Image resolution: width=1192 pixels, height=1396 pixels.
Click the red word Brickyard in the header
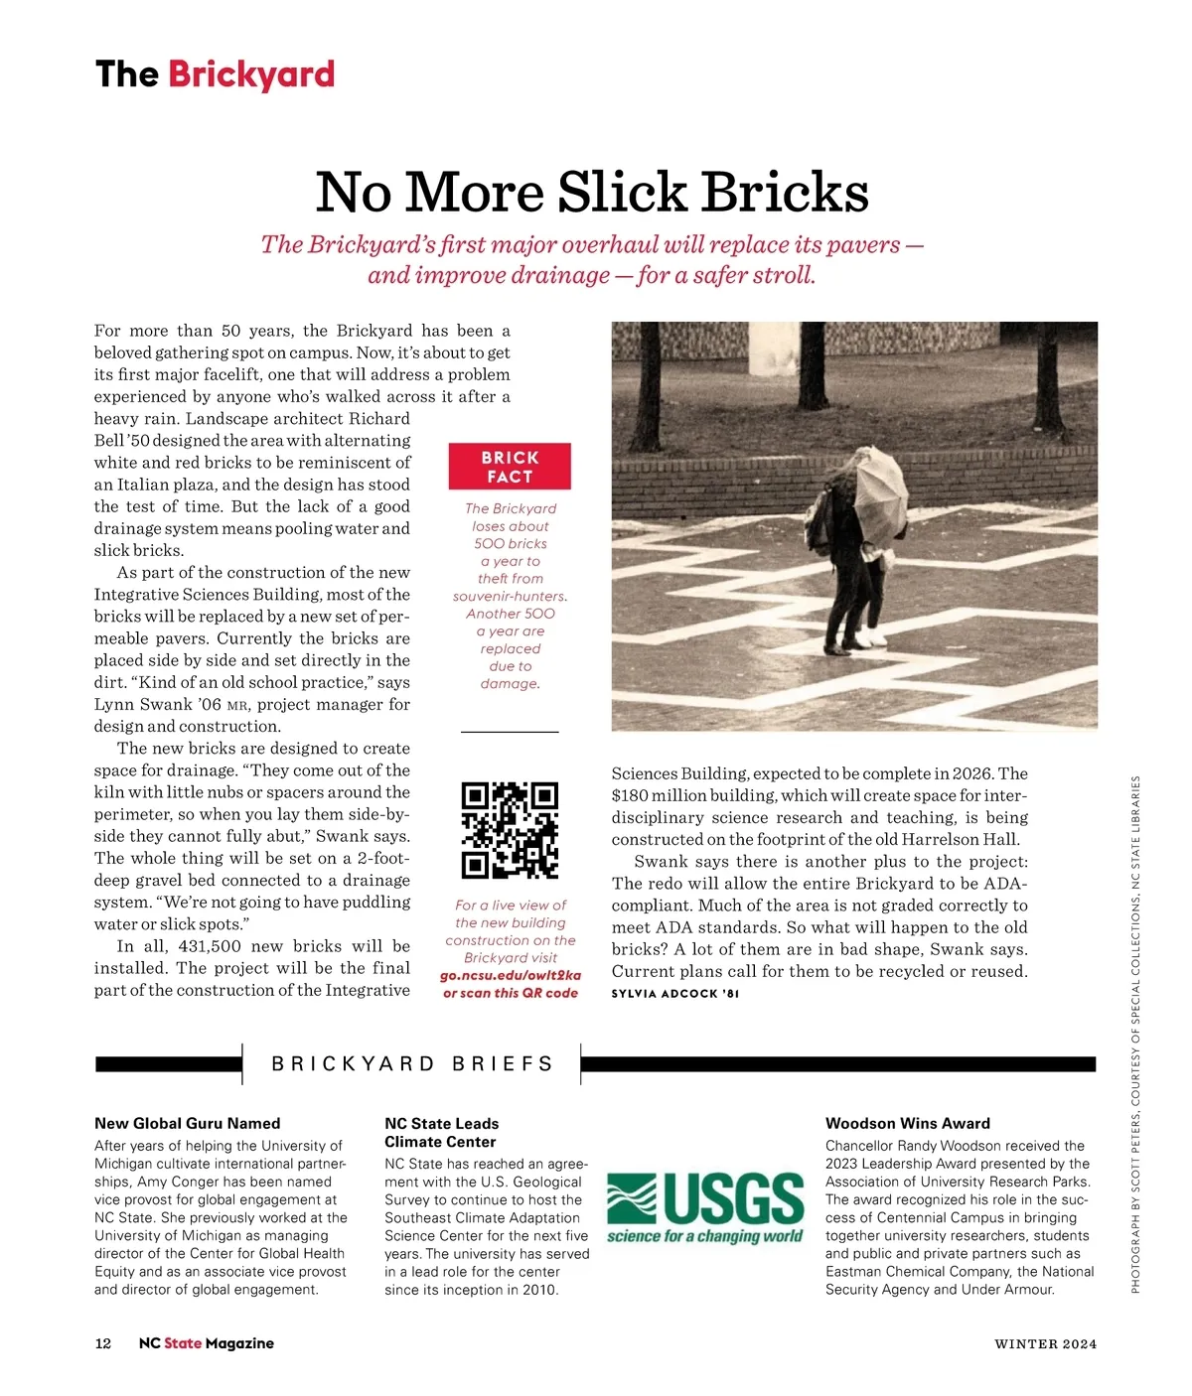[x=251, y=74]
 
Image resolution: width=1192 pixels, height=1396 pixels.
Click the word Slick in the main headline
[x=622, y=192]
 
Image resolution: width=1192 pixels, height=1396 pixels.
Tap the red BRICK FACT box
[x=510, y=467]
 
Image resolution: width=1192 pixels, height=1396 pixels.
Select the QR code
[x=510, y=830]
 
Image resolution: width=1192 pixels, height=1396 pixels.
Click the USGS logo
[x=705, y=1208]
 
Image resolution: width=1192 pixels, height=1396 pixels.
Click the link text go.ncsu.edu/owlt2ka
[x=511, y=975]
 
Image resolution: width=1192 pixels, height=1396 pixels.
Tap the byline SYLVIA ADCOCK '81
[x=675, y=993]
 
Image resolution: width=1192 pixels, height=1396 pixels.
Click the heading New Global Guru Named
[x=187, y=1123]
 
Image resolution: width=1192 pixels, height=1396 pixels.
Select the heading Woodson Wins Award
[x=907, y=1123]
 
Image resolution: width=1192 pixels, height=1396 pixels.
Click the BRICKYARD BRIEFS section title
[x=412, y=1064]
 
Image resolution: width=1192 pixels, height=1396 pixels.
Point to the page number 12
[x=103, y=1343]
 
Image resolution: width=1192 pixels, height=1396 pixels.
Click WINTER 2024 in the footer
[x=1045, y=1344]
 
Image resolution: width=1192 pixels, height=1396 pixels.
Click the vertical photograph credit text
[x=1135, y=1033]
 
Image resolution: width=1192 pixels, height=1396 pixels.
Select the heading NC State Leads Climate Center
[x=441, y=1133]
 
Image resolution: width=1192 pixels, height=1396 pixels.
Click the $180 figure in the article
[x=630, y=795]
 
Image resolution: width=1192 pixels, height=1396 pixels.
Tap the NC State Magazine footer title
[x=207, y=1343]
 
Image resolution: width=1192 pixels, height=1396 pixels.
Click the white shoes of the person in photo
[x=873, y=639]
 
